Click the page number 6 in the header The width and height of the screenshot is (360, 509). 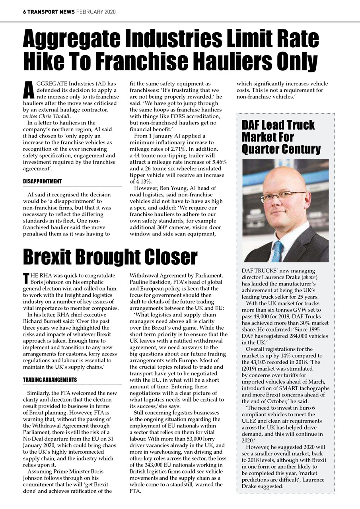pos(24,12)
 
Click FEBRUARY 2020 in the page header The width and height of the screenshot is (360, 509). pos(96,12)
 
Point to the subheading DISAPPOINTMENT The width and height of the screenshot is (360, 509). pos(42,181)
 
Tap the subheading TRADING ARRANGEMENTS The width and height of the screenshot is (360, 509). pos(50,380)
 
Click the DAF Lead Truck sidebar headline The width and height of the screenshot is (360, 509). pos(278,125)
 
